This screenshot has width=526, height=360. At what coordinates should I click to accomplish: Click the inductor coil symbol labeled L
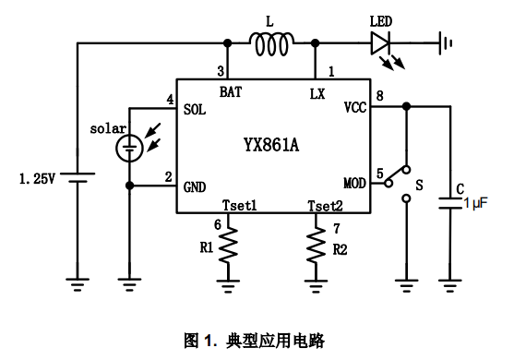click(x=270, y=42)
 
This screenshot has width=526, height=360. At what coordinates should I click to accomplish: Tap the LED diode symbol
click(x=380, y=42)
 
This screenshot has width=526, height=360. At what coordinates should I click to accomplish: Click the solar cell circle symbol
click(x=130, y=146)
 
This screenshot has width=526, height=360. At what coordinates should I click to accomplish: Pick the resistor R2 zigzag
click(x=317, y=246)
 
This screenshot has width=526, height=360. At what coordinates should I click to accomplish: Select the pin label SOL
click(x=195, y=108)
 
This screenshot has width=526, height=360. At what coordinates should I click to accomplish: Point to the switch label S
click(x=419, y=185)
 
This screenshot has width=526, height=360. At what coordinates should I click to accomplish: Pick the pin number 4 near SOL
click(x=170, y=99)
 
